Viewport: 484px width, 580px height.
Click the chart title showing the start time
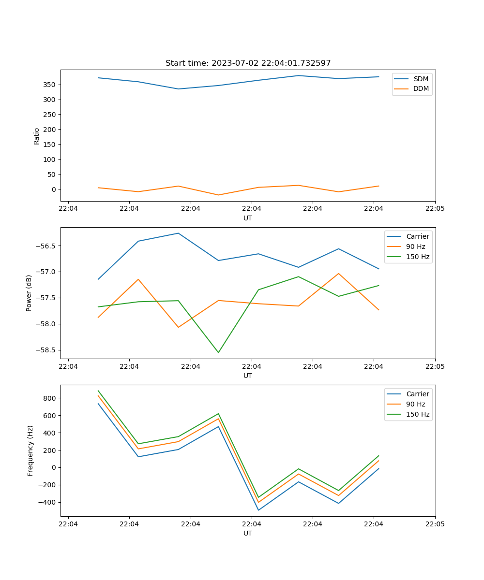click(x=248, y=63)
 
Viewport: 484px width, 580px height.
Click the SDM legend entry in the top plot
click(x=421, y=79)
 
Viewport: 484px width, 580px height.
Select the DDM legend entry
click(x=421, y=88)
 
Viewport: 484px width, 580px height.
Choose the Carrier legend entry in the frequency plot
click(x=418, y=394)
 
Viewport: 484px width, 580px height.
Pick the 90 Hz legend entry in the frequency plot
click(x=416, y=404)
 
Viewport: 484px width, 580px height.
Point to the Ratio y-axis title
click(x=37, y=135)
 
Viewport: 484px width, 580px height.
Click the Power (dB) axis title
click(x=29, y=293)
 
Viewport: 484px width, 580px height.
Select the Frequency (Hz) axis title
click(x=30, y=450)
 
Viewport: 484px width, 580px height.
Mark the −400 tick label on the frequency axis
click(x=47, y=502)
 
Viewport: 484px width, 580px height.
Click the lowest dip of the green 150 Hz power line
click(x=218, y=352)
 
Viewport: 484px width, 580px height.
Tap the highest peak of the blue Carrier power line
click(x=178, y=233)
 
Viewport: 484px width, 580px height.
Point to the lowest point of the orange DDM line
click(x=218, y=195)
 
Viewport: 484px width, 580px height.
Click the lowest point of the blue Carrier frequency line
click(x=258, y=510)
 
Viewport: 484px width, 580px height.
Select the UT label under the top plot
click(x=248, y=218)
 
